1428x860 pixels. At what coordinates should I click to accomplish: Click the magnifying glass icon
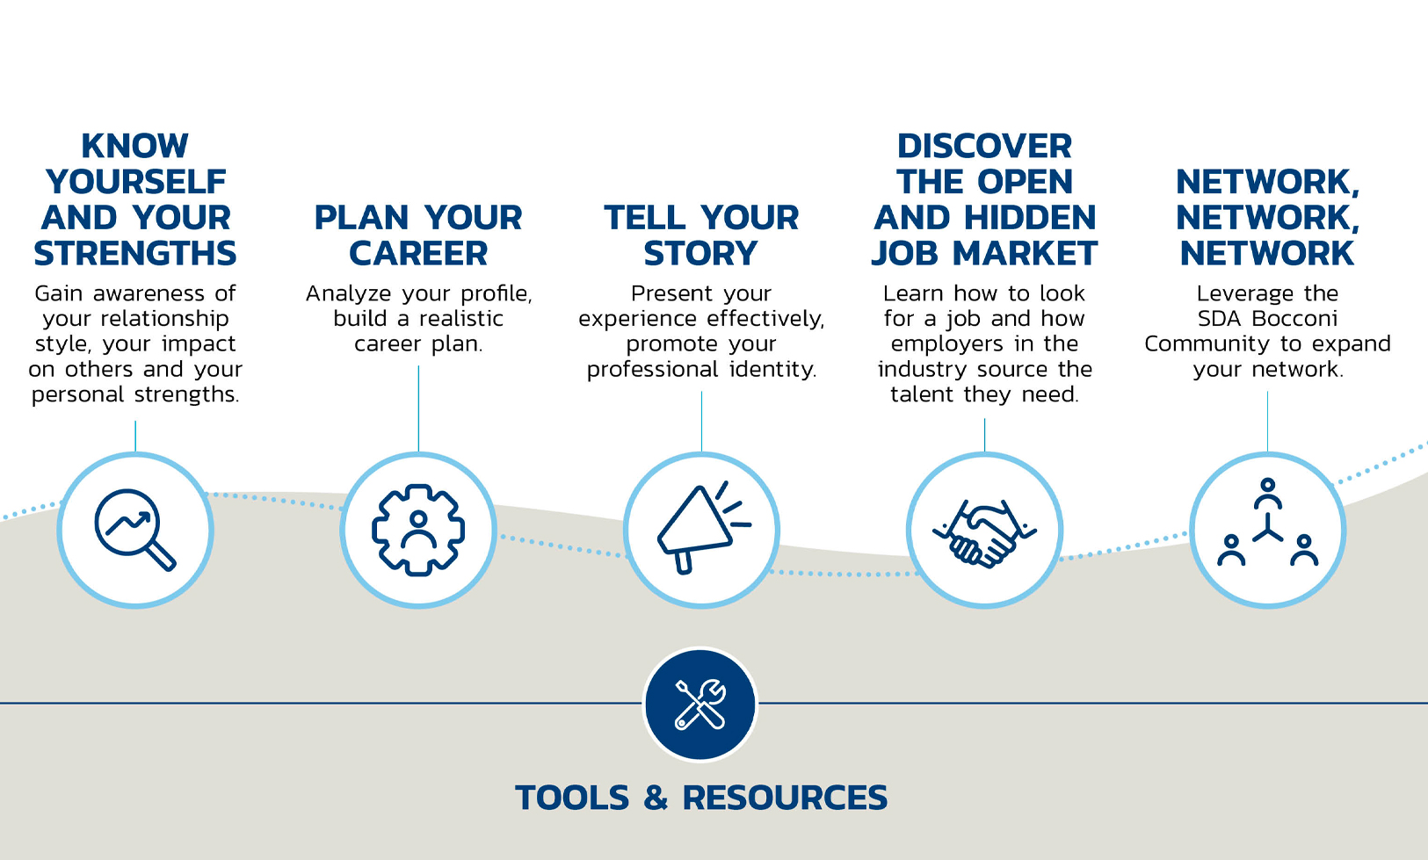click(134, 530)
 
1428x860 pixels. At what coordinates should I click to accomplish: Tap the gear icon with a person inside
click(418, 530)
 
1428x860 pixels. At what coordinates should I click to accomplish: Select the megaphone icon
click(703, 527)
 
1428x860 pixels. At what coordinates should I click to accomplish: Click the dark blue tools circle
click(700, 705)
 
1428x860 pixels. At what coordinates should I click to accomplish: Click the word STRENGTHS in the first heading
click(135, 254)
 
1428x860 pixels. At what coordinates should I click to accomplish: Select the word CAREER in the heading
click(418, 254)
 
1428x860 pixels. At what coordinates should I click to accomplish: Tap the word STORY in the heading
click(700, 254)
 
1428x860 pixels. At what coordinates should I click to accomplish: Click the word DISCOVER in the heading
click(984, 147)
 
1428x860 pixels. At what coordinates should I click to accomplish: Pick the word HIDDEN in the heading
click(1030, 218)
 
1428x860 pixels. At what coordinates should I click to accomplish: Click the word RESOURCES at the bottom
click(785, 798)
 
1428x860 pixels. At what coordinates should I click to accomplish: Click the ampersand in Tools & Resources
click(656, 798)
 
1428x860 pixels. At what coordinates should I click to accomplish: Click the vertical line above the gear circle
click(419, 409)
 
